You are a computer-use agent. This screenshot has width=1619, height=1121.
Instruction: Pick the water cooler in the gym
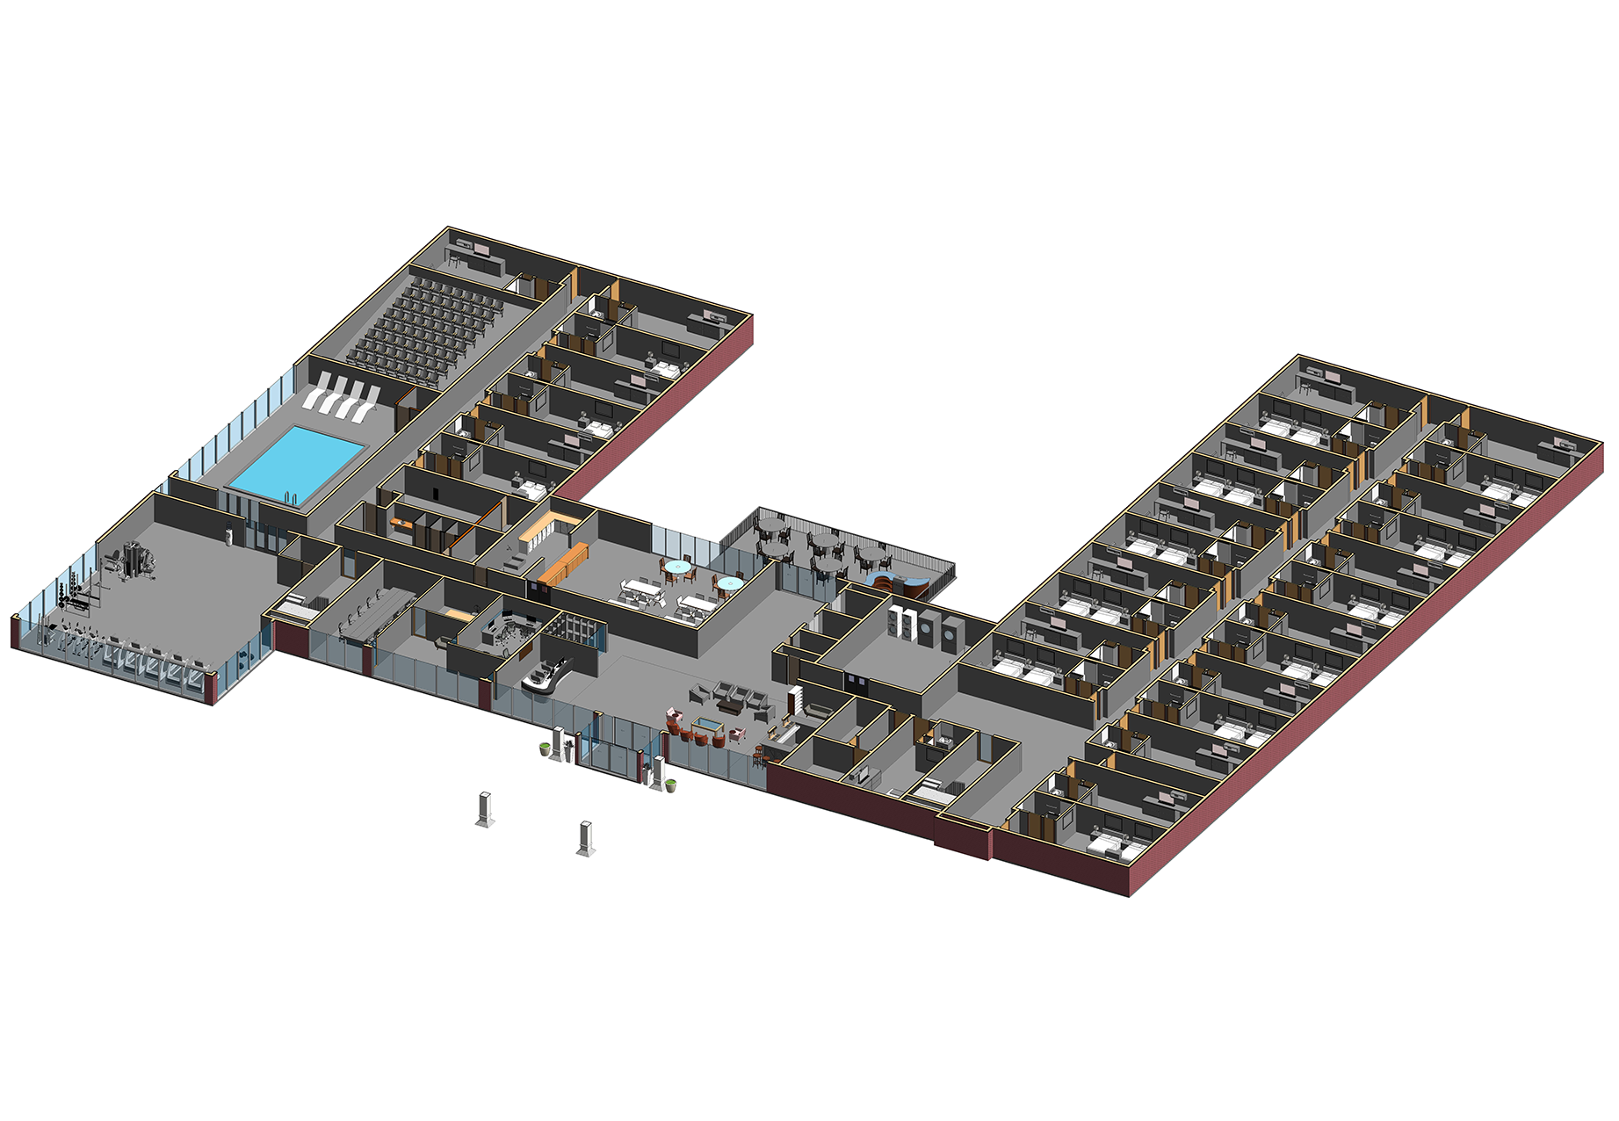(x=230, y=533)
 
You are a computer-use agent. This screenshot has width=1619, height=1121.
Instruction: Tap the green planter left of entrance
(x=546, y=749)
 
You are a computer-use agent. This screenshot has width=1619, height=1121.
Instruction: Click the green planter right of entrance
(x=671, y=785)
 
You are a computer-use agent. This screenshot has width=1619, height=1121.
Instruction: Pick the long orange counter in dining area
(x=563, y=563)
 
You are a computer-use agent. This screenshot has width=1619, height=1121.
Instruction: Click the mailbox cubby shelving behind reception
(x=575, y=629)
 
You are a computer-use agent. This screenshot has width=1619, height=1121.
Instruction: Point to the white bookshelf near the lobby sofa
(x=795, y=700)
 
